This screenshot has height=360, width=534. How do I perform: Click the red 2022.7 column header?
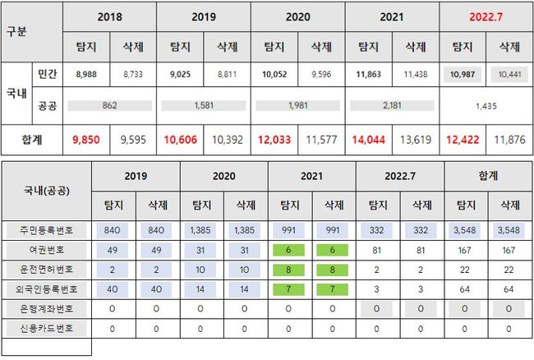click(x=487, y=16)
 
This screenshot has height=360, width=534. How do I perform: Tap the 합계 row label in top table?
click(x=32, y=140)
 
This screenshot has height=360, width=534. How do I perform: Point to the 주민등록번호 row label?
click(x=46, y=230)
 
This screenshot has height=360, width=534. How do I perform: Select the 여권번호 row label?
click(x=46, y=249)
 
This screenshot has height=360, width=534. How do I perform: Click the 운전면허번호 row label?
click(x=46, y=269)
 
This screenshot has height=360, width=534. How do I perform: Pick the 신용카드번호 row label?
click(x=46, y=327)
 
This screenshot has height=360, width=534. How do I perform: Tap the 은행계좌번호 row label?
click(x=46, y=307)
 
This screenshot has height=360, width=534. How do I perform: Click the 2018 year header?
click(x=110, y=16)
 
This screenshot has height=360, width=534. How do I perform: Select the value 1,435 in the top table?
click(x=486, y=106)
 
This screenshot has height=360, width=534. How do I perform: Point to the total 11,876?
click(x=510, y=140)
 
